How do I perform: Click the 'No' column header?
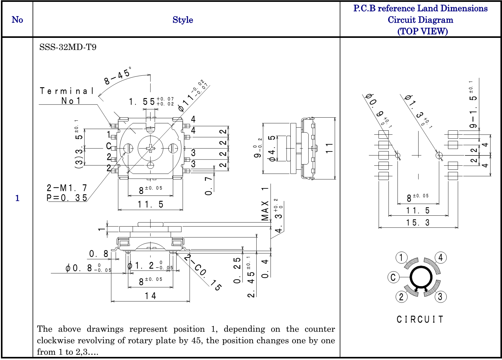[x=17, y=20]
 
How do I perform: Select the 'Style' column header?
[x=183, y=20]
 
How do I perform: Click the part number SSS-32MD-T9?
[x=68, y=47]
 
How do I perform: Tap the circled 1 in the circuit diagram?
[x=401, y=258]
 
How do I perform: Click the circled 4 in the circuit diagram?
[x=441, y=258]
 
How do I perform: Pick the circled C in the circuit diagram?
[x=393, y=277]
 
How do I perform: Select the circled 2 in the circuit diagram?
[x=401, y=297]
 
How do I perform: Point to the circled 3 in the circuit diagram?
[x=440, y=297]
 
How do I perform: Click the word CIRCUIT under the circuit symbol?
[x=420, y=319]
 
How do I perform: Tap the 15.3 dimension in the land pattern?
[x=418, y=223]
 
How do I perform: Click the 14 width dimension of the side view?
[x=150, y=296]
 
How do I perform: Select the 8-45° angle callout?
[x=118, y=75]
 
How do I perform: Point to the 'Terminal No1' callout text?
[x=67, y=96]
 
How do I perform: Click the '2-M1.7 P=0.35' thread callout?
[x=67, y=193]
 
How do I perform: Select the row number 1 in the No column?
[x=17, y=198]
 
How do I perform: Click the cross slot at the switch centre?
[x=150, y=149]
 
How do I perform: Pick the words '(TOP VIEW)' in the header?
[x=422, y=31]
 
